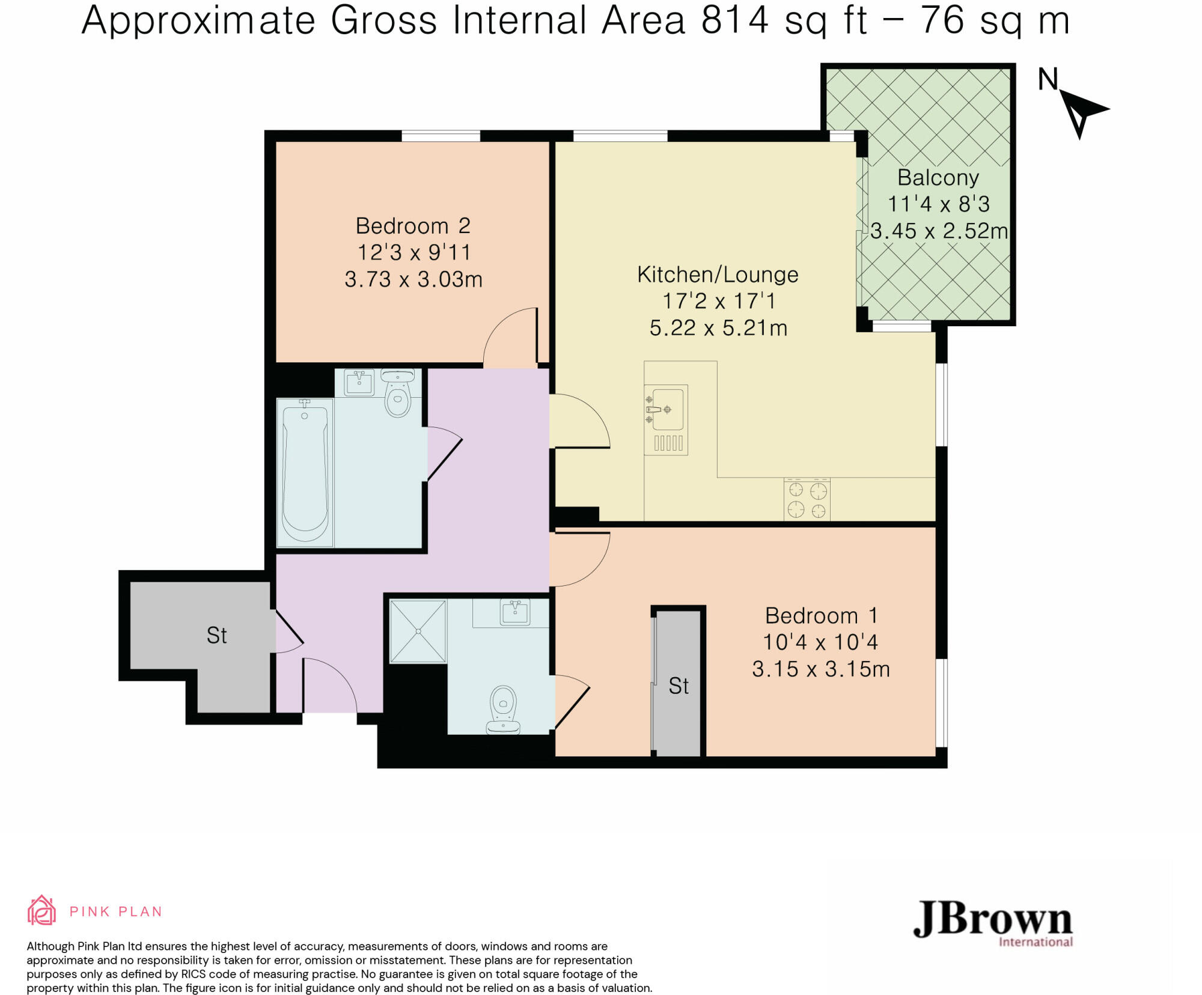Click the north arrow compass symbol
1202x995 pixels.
coord(1079,108)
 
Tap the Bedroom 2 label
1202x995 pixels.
coord(413,226)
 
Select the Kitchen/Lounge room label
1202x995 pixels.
coord(718,275)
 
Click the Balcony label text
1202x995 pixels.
coord(938,178)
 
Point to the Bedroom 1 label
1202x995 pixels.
coord(821,616)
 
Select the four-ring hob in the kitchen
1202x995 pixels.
coord(807,499)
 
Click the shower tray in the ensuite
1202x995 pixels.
coord(418,631)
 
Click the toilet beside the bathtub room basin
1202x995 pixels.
coord(398,394)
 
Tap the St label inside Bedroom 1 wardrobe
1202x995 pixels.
coord(679,686)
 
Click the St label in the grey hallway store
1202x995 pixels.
coord(216,636)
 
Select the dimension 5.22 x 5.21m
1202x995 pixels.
coord(718,328)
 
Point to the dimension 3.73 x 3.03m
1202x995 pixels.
coord(413,279)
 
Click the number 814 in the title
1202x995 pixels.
coord(735,20)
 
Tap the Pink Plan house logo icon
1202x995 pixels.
coord(41,911)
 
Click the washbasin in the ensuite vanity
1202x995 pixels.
coord(515,612)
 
